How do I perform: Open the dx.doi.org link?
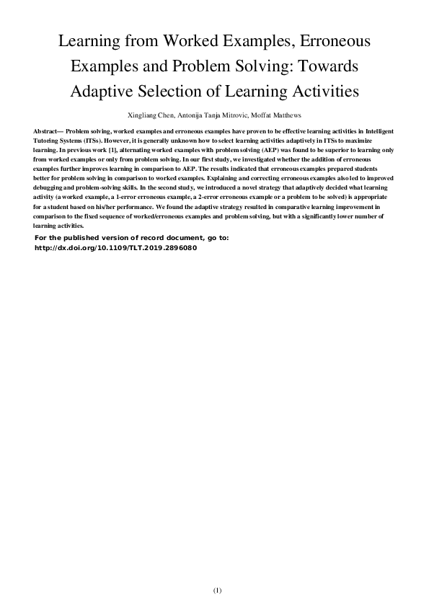point(115,247)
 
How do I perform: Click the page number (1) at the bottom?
point(217,590)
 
